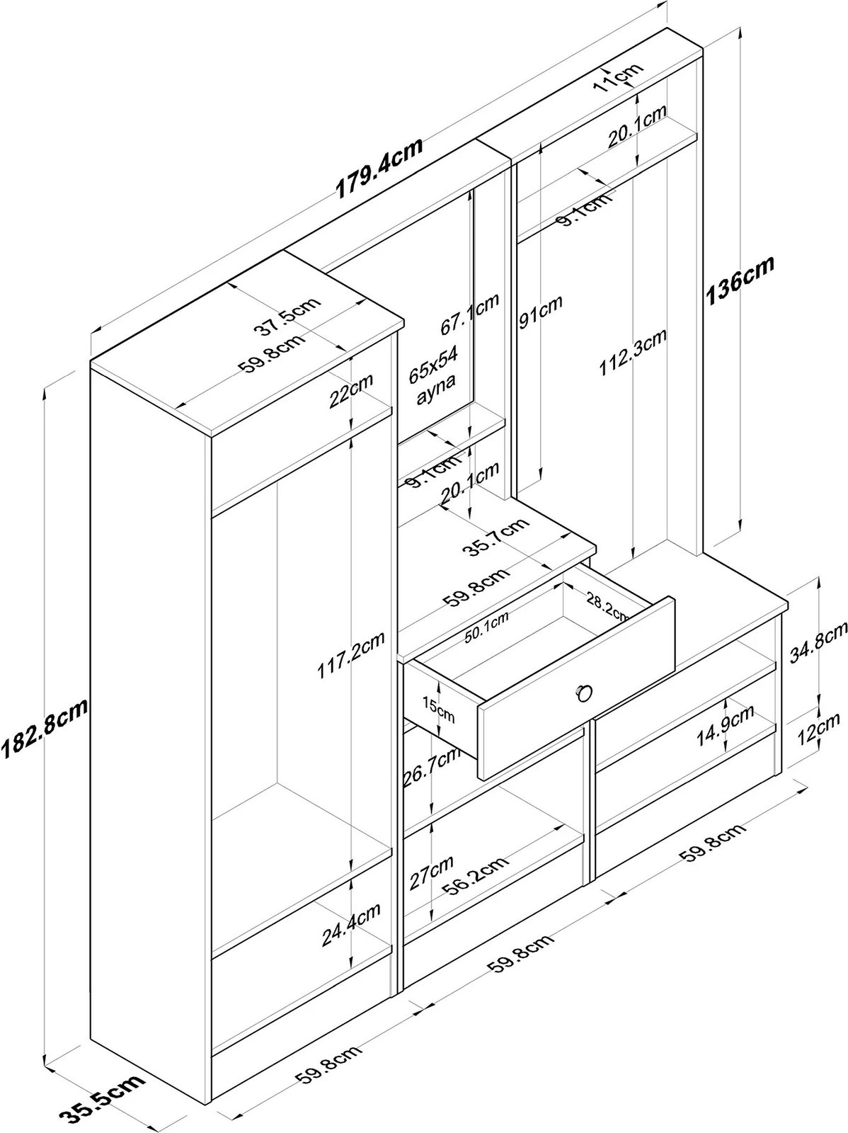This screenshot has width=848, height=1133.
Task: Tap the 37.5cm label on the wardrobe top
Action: pos(287,317)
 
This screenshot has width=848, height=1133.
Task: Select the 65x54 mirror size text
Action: pos(434,365)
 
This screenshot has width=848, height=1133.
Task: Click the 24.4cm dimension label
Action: pos(351,924)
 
